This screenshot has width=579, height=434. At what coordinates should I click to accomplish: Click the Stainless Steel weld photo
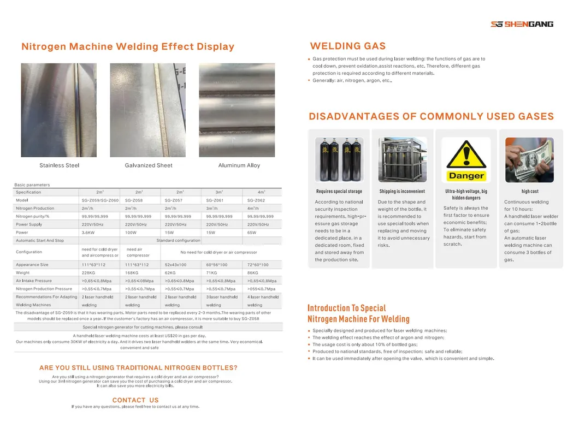pos(59,110)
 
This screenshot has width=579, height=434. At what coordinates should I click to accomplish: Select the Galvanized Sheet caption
pos(149,165)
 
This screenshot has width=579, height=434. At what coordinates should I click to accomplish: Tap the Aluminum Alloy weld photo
pos(237,110)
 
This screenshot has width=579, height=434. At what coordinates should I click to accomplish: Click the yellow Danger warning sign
pos(466,159)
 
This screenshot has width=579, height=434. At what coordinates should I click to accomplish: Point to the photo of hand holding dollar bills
pos(529,159)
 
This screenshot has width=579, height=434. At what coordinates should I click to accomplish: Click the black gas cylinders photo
pos(339,159)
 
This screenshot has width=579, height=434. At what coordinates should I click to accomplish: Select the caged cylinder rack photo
pos(403,159)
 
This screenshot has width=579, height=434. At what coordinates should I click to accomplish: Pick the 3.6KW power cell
pos(88,232)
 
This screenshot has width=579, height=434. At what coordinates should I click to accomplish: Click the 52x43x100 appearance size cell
pos(175,265)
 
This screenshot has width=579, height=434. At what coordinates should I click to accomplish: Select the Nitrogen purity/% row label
pos(36,216)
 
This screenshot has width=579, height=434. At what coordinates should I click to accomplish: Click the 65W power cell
pos(252,232)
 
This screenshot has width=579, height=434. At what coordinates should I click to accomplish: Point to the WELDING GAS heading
pos(347,46)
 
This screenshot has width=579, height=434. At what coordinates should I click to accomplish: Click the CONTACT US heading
pos(135,400)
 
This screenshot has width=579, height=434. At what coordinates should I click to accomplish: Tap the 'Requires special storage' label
pos(339,192)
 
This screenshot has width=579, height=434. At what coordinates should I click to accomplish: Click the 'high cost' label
pos(530,192)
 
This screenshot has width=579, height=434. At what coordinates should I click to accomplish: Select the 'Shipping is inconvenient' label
pos(402,192)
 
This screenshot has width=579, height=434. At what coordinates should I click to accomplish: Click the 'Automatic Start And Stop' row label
pos(40,240)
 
